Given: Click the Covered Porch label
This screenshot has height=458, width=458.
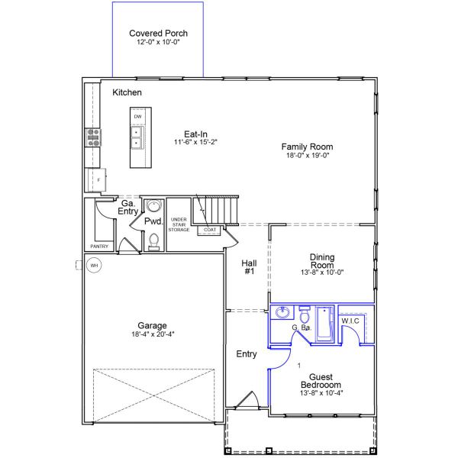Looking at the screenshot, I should click(x=158, y=34).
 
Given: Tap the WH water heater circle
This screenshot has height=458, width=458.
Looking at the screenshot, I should click(x=95, y=266).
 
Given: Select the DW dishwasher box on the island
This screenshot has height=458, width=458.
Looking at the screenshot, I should click(x=138, y=117).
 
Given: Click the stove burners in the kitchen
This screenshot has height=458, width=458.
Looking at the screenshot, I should click(x=95, y=137).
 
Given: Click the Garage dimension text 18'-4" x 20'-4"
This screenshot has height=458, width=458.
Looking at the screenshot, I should click(x=152, y=334).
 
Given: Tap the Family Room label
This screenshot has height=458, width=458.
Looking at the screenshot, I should click(x=307, y=147).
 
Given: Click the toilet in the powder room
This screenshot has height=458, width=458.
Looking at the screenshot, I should click(x=154, y=241).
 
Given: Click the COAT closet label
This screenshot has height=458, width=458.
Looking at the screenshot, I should click(x=209, y=229).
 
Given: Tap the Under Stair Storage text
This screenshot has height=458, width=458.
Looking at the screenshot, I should click(x=179, y=225).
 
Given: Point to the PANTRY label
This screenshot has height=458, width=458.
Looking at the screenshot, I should click(x=99, y=247).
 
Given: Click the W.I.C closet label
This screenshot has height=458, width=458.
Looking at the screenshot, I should click(x=350, y=321).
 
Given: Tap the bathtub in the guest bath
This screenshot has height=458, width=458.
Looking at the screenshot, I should click(x=324, y=324).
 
